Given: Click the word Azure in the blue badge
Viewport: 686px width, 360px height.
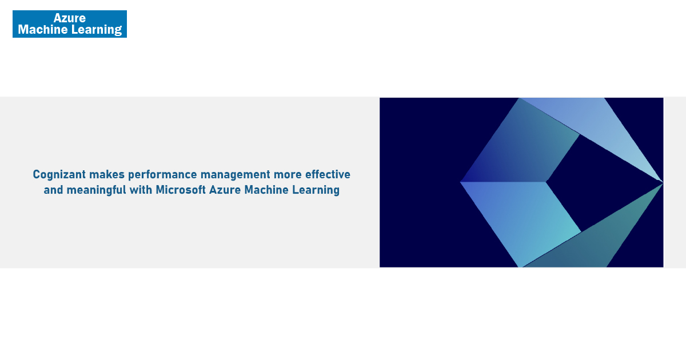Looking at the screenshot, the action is (x=70, y=18).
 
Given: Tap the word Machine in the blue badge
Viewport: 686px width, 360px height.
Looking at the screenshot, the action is (x=43, y=30).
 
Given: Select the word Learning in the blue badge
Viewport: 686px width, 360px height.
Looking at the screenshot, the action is (x=97, y=30).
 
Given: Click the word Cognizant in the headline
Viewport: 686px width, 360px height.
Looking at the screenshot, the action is (x=59, y=175).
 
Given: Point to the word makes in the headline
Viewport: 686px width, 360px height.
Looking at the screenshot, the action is (x=107, y=174).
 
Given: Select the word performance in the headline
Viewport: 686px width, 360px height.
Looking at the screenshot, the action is (x=162, y=175).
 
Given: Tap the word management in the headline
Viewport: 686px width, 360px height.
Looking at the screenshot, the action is (x=236, y=175).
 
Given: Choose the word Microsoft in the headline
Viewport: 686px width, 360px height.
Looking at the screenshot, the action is (x=181, y=190).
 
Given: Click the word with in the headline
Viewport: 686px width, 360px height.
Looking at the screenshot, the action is (x=141, y=190).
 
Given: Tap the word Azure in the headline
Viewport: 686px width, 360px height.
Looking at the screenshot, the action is (x=225, y=190).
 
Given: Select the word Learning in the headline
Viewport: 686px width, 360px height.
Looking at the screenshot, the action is (x=316, y=190).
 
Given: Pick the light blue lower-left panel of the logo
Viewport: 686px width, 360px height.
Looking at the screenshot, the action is (x=521, y=217).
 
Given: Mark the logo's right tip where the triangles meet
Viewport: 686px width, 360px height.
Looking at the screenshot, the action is (x=663, y=183).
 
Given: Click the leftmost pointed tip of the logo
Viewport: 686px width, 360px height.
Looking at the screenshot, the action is (x=460, y=182).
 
